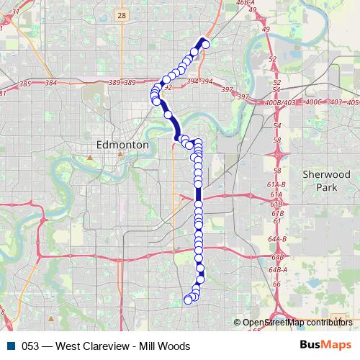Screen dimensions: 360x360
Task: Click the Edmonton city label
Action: (122, 145)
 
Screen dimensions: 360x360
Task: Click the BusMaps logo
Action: (325, 346)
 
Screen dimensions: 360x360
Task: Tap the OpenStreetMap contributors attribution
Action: (297, 323)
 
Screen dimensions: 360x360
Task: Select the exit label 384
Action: (50, 84)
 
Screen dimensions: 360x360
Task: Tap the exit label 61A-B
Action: (277, 185)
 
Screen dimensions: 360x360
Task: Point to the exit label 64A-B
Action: (277, 238)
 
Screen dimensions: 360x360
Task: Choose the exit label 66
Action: (276, 284)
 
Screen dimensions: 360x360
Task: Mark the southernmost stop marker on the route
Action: (188, 300)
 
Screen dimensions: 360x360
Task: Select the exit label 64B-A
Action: (277, 269)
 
